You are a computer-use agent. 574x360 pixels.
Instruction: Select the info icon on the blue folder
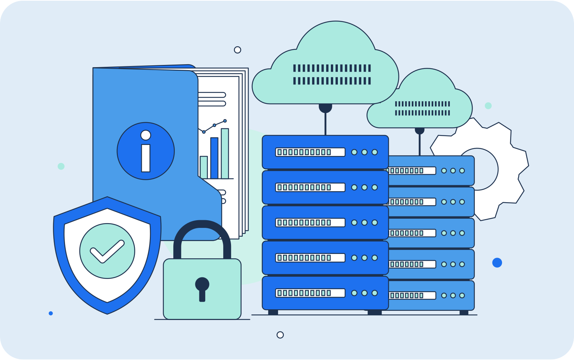pyautogui.click(x=146, y=151)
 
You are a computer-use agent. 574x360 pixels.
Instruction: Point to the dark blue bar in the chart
pyautogui.click(x=214, y=158)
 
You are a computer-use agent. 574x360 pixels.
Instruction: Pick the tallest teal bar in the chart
pyautogui.click(x=225, y=153)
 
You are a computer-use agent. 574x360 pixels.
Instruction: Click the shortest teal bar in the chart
pyautogui.click(x=203, y=167)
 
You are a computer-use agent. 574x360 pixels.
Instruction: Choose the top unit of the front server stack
pyautogui.click(x=325, y=152)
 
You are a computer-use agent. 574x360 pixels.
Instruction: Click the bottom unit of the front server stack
pyautogui.click(x=325, y=293)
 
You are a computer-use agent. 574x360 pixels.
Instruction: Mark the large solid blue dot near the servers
pyautogui.click(x=497, y=262)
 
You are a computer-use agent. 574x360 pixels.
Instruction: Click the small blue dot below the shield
pyautogui.click(x=51, y=313)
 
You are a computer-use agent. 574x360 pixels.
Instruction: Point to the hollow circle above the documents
pyautogui.click(x=238, y=50)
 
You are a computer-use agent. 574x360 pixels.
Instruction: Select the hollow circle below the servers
pyautogui.click(x=280, y=335)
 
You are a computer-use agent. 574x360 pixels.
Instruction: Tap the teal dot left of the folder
pyautogui.click(x=61, y=166)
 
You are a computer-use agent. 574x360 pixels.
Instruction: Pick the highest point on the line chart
pyautogui.click(x=225, y=121)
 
